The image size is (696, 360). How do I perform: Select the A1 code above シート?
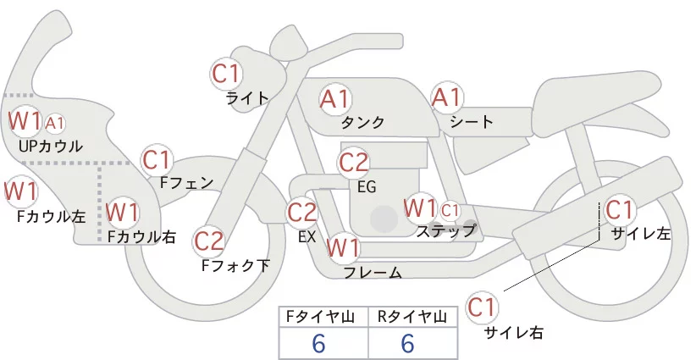[446, 98]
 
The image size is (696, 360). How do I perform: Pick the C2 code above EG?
[354, 162]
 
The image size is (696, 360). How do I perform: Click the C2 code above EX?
[302, 212]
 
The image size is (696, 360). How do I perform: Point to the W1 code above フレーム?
[344, 248]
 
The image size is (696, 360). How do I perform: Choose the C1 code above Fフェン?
[157, 159]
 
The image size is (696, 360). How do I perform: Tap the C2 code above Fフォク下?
[208, 241]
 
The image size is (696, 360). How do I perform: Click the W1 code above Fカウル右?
[122, 210]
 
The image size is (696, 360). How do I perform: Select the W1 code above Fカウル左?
[20, 191]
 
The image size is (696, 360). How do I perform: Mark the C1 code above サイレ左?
[619, 208]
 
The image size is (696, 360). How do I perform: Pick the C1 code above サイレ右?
[483, 307]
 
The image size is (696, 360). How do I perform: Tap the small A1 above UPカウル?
[55, 124]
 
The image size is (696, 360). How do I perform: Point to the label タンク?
[363, 123]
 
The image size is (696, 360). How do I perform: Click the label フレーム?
[373, 273]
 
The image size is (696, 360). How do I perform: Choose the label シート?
[472, 123]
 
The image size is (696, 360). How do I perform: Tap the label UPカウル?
[51, 147]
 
